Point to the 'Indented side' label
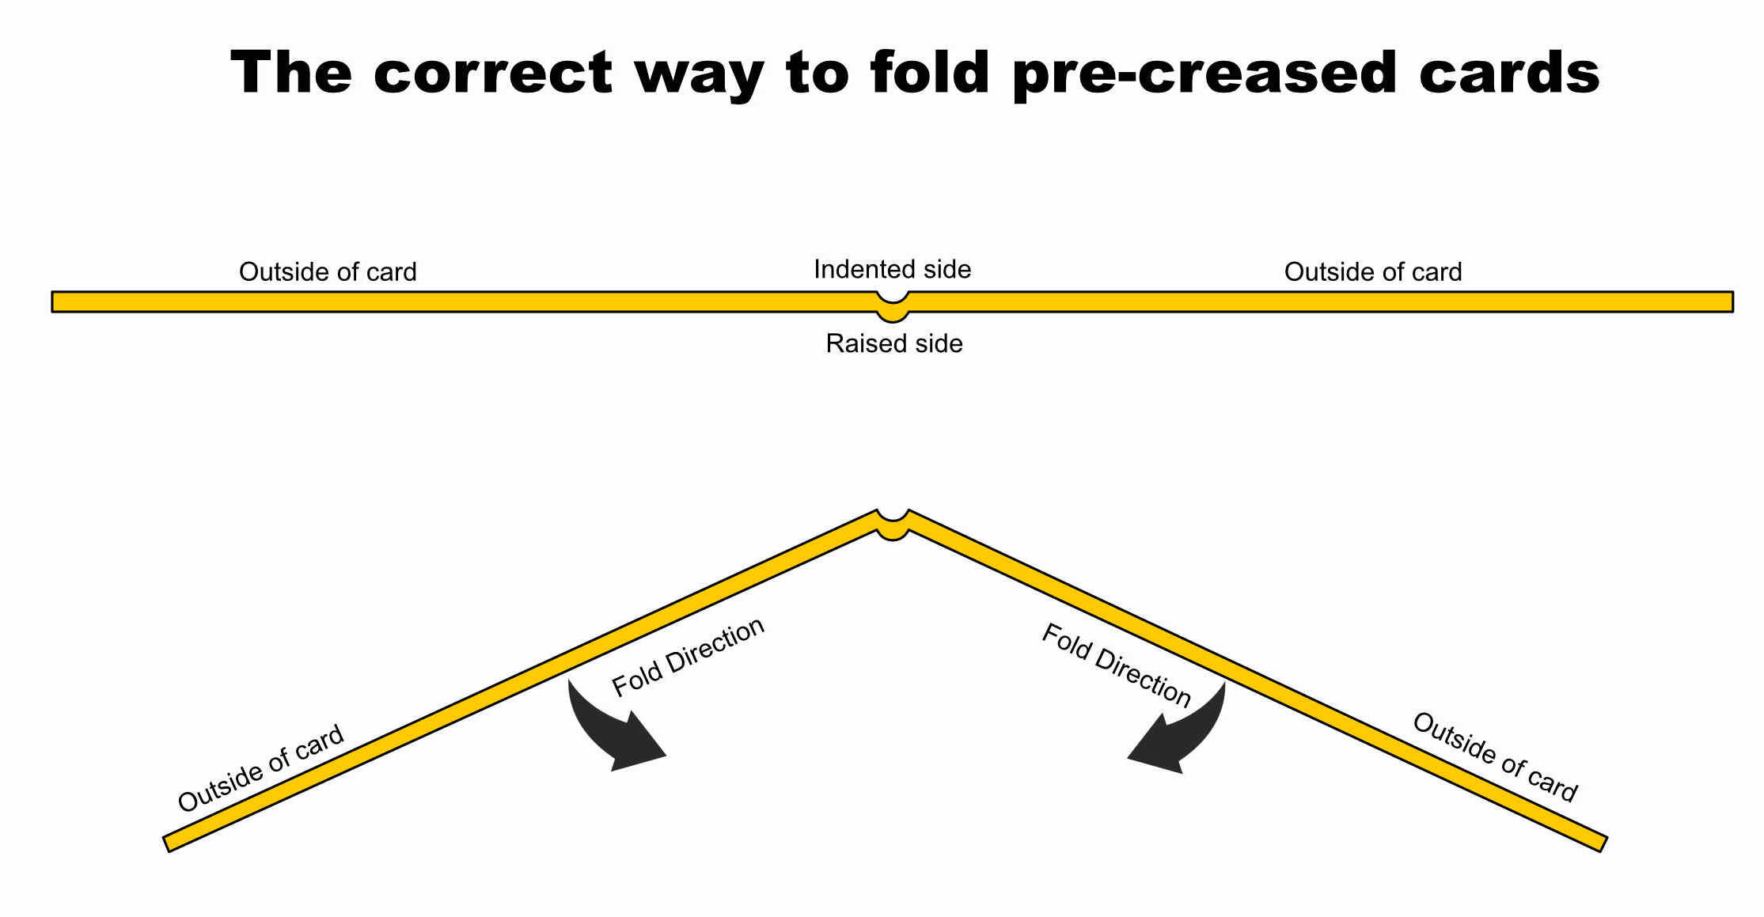pos(892,270)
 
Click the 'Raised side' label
pos(894,343)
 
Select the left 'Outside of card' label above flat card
pos(328,272)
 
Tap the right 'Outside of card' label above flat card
pos(1372,272)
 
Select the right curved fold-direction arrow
pos(1182,732)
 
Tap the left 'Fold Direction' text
pos(688,657)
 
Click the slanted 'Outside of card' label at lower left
pos(260,768)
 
